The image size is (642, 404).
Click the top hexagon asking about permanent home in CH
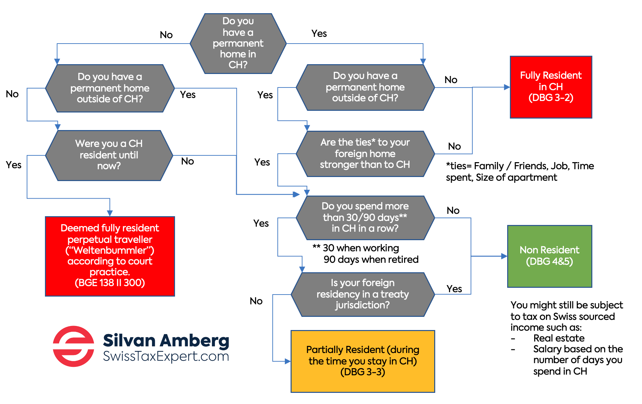tap(238, 44)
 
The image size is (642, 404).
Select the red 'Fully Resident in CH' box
tap(551, 87)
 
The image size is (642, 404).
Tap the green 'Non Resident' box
tap(549, 256)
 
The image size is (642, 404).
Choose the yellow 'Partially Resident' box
tap(363, 361)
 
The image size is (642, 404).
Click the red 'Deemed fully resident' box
tap(110, 256)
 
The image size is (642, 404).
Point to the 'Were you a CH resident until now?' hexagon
tap(109, 155)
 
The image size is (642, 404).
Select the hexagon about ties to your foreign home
tap(365, 154)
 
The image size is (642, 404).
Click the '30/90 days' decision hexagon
tap(365, 218)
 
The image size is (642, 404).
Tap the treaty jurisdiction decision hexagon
tap(363, 294)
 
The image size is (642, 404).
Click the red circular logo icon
tap(73, 346)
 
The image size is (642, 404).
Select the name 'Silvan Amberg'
tap(166, 340)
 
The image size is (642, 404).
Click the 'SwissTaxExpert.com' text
tap(166, 356)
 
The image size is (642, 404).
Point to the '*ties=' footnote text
tap(520, 172)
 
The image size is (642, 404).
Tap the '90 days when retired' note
tap(371, 259)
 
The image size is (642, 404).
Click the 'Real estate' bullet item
tap(559, 338)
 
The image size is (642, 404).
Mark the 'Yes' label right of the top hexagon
tap(319, 33)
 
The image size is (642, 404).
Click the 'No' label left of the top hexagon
tap(166, 35)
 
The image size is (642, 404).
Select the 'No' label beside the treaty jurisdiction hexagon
tap(256, 301)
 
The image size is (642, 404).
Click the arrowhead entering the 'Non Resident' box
tap(504, 256)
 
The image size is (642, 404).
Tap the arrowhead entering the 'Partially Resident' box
tap(288, 361)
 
